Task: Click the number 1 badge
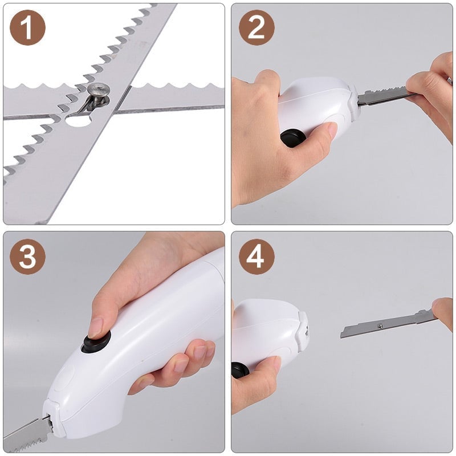click(x=27, y=27)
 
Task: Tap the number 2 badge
click(x=256, y=27)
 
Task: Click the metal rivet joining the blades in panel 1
click(x=99, y=91)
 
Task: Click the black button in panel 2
click(x=292, y=138)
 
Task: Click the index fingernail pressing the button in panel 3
click(x=96, y=327)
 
